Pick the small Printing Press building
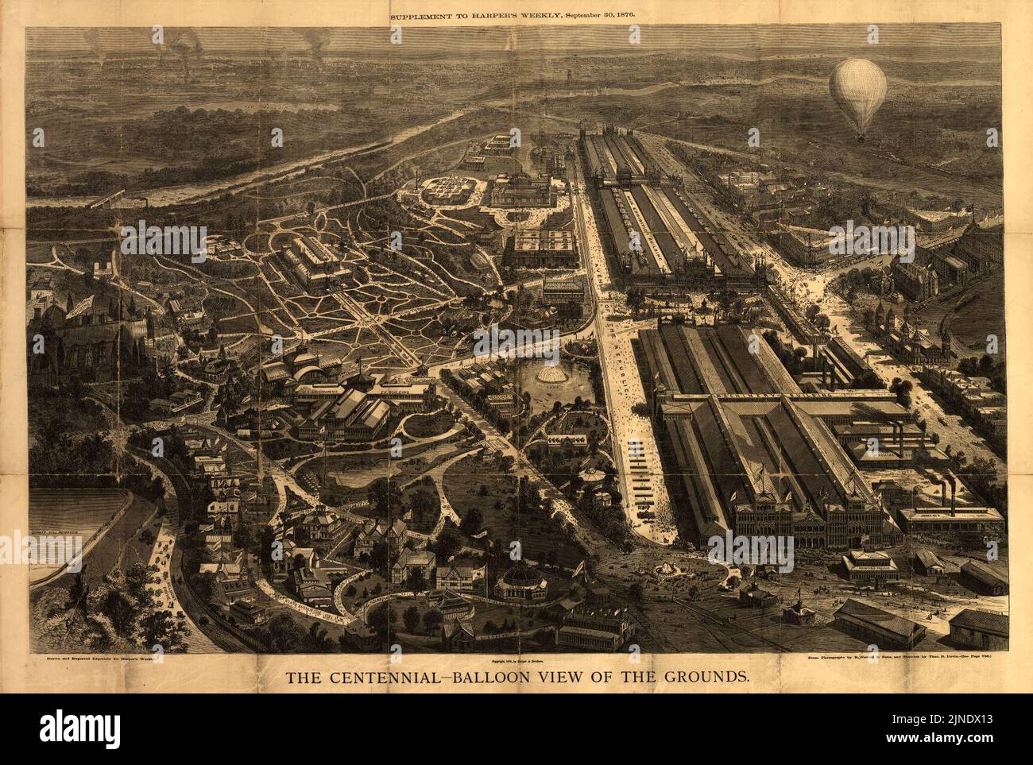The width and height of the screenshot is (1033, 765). pos(870,566)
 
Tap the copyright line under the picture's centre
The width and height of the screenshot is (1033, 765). pos(516,659)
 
